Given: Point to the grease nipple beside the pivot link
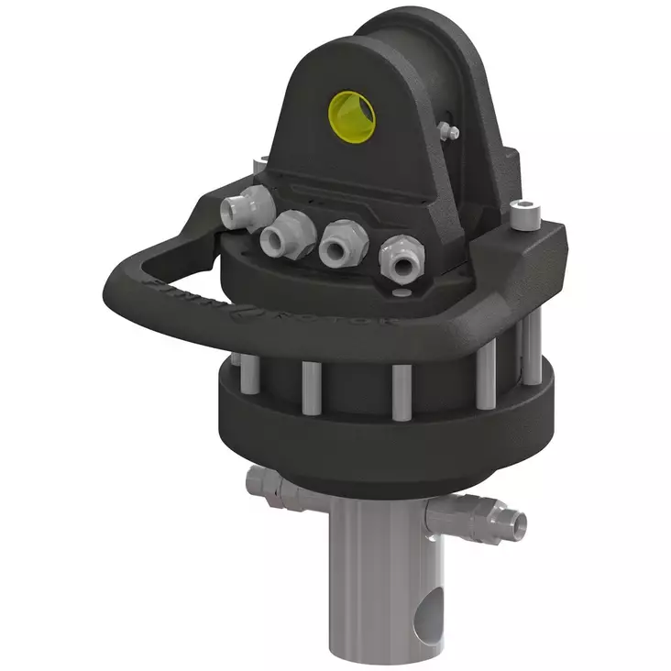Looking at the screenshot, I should (x=451, y=132).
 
